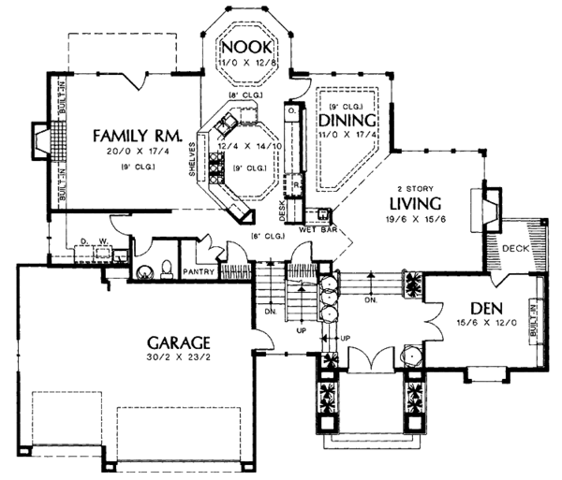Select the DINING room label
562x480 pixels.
point(347,120)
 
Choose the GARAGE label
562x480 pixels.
point(177,342)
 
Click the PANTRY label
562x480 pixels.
point(200,273)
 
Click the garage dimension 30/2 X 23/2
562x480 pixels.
point(177,357)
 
